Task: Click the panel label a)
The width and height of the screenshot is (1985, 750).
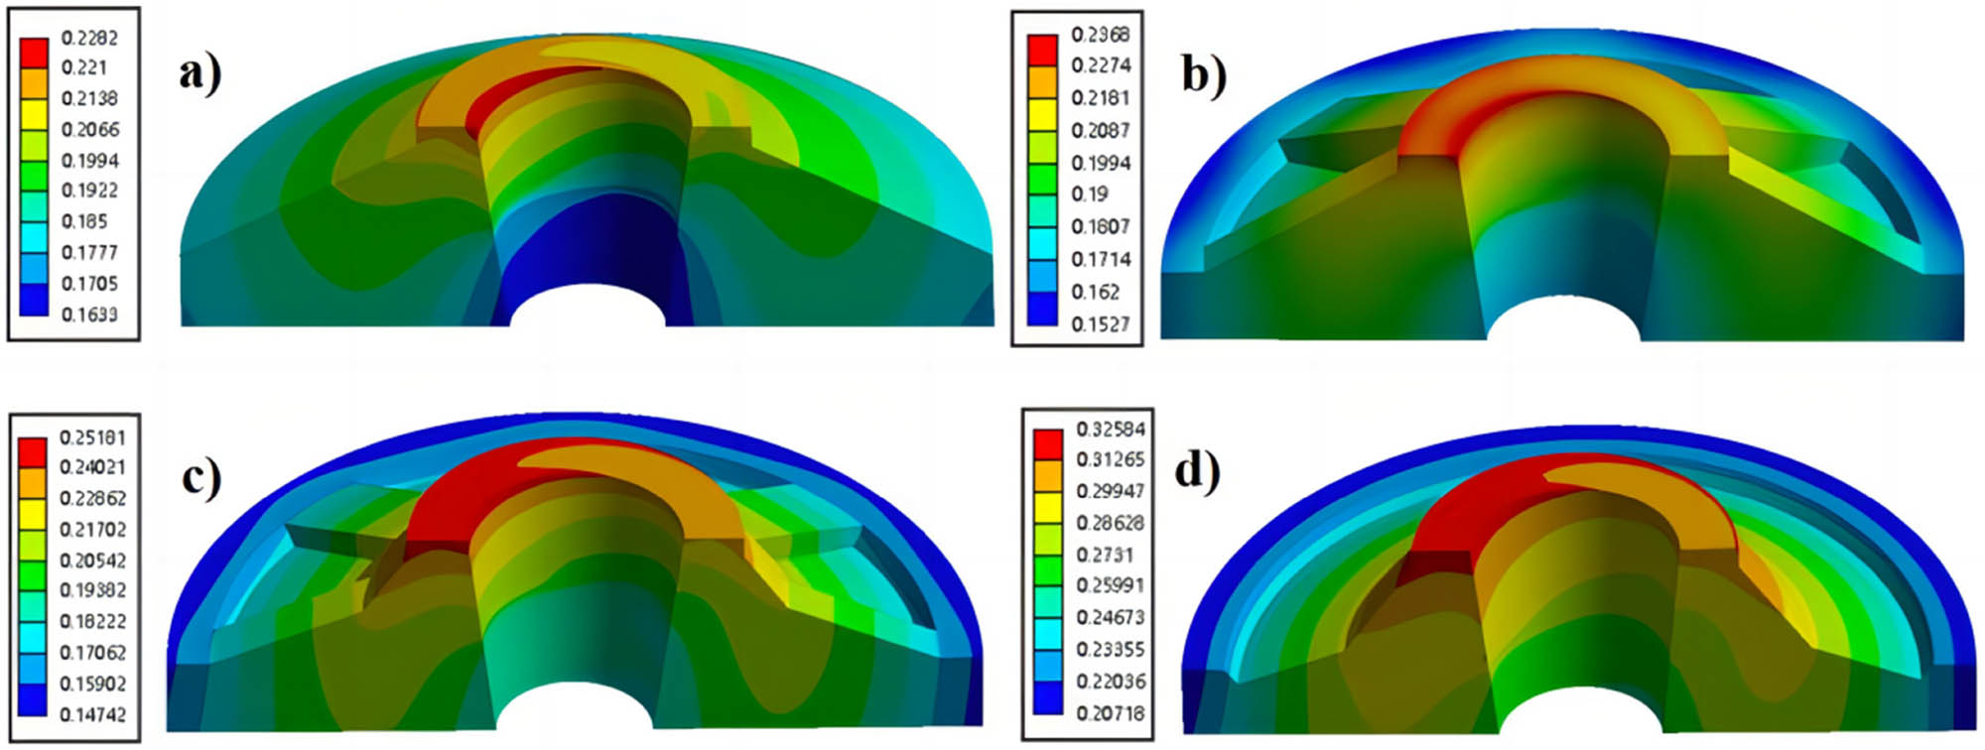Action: pyautogui.click(x=200, y=74)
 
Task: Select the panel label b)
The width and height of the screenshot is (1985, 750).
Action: pyautogui.click(x=1204, y=74)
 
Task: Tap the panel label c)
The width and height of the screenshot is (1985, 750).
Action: pyautogui.click(x=201, y=477)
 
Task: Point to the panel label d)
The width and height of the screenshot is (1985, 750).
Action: pyautogui.click(x=1197, y=469)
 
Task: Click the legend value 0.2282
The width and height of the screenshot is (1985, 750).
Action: pyautogui.click(x=89, y=38)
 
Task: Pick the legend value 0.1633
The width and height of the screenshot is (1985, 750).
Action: pyautogui.click(x=89, y=314)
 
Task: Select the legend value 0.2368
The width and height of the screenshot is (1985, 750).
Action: pyautogui.click(x=1101, y=35)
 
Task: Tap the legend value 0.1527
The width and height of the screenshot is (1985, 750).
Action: pyautogui.click(x=1101, y=324)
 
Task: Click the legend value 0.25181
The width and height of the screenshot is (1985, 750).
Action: pyautogui.click(x=92, y=437)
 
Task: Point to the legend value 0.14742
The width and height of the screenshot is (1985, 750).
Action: pyautogui.click(x=92, y=714)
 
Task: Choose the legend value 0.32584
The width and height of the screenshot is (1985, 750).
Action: pyautogui.click(x=1111, y=430)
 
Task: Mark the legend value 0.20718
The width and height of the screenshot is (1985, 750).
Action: pyautogui.click(x=1111, y=713)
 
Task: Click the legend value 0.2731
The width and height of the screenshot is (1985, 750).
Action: pyautogui.click(x=1105, y=555)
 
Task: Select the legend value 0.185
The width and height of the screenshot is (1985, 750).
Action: pyautogui.click(x=84, y=221)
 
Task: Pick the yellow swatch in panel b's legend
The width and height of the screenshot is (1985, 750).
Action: pyautogui.click(x=1042, y=115)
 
